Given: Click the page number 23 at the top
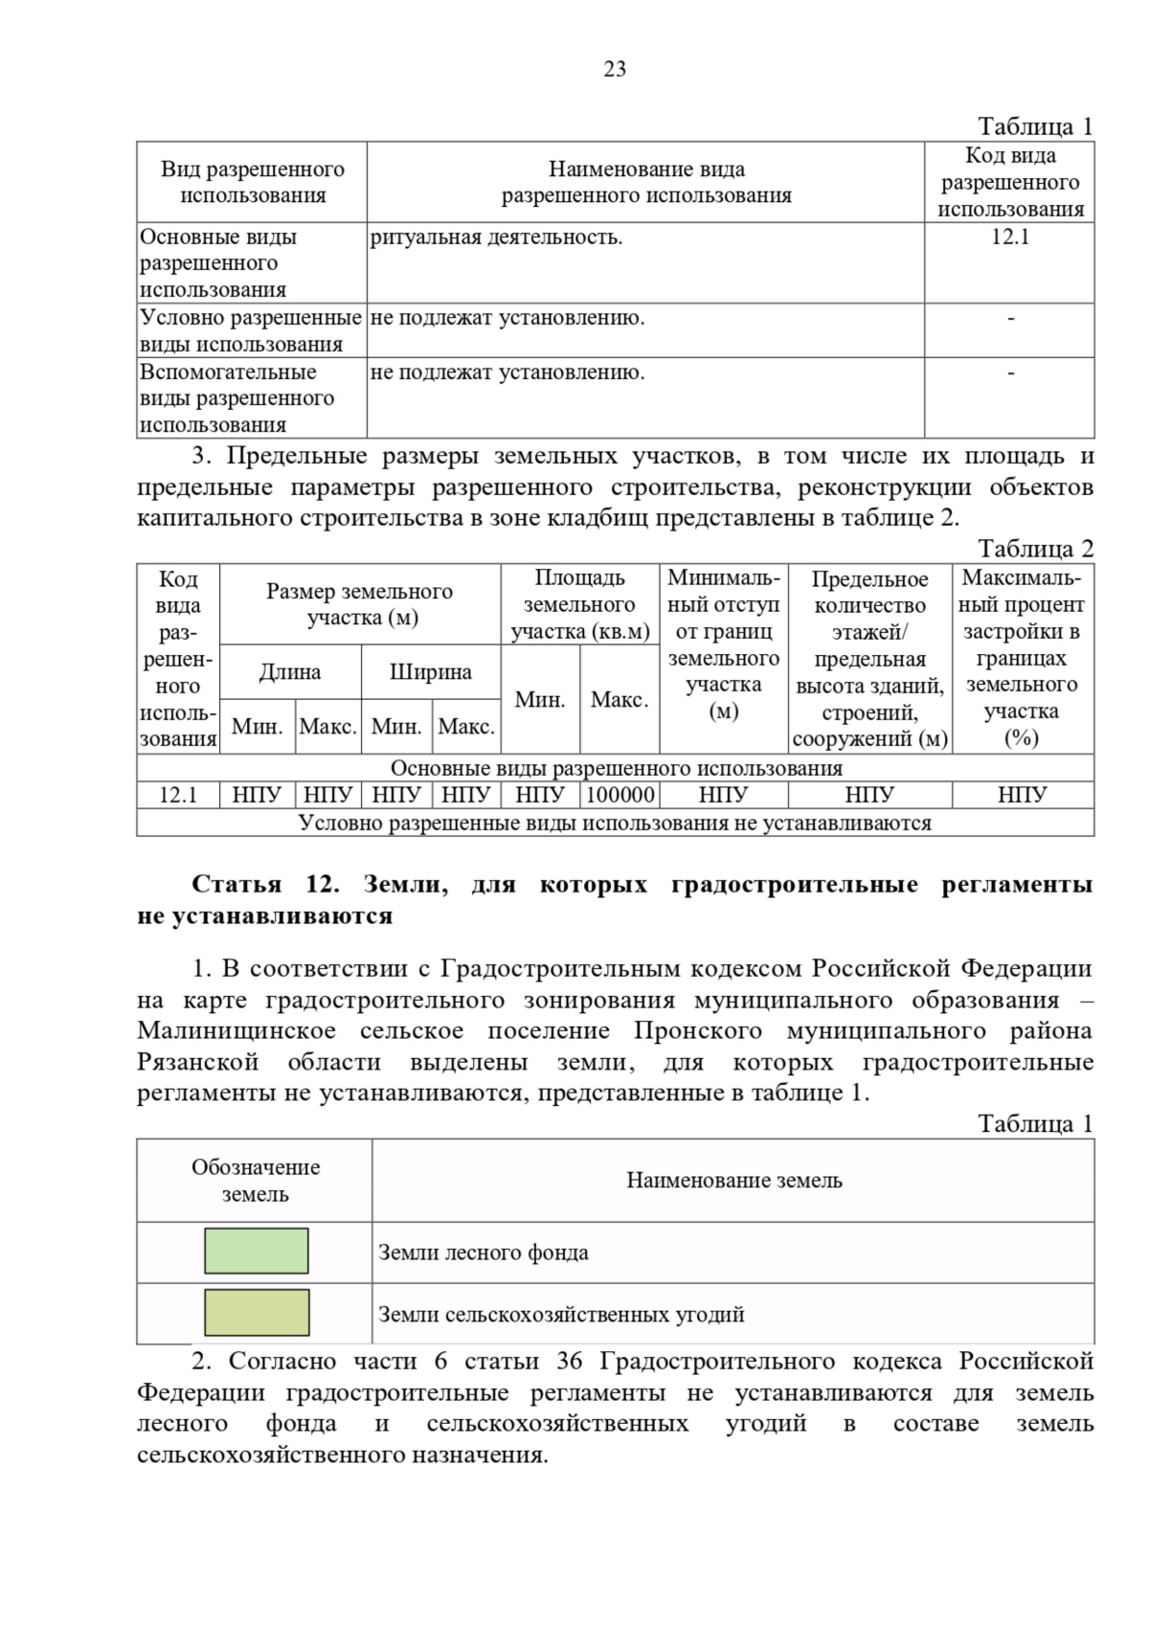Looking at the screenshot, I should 615,69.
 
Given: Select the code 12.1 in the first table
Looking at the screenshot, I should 1009,237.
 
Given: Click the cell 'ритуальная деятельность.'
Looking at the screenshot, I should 496,237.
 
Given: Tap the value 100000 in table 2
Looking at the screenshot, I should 620,795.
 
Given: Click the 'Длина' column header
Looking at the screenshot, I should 289,671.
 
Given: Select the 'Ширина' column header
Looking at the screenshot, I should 430,671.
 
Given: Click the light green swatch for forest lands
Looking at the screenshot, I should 256,1251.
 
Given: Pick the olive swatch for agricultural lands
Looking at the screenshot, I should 256,1312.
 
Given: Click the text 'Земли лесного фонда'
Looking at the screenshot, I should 483,1253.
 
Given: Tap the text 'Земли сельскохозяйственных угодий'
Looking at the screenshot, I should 561,1314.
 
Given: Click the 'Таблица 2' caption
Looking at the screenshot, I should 1034,549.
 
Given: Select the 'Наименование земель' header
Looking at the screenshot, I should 733,1180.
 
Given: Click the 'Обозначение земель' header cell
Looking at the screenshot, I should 255,1180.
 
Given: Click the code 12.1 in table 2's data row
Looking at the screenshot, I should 178,795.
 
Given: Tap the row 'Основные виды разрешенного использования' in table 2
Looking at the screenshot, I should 616,768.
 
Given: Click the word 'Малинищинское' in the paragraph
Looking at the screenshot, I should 236,1030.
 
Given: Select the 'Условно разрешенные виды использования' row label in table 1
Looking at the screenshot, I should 250,330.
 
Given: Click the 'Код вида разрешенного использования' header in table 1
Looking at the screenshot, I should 1009,182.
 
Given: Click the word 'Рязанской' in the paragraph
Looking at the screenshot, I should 197,1062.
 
